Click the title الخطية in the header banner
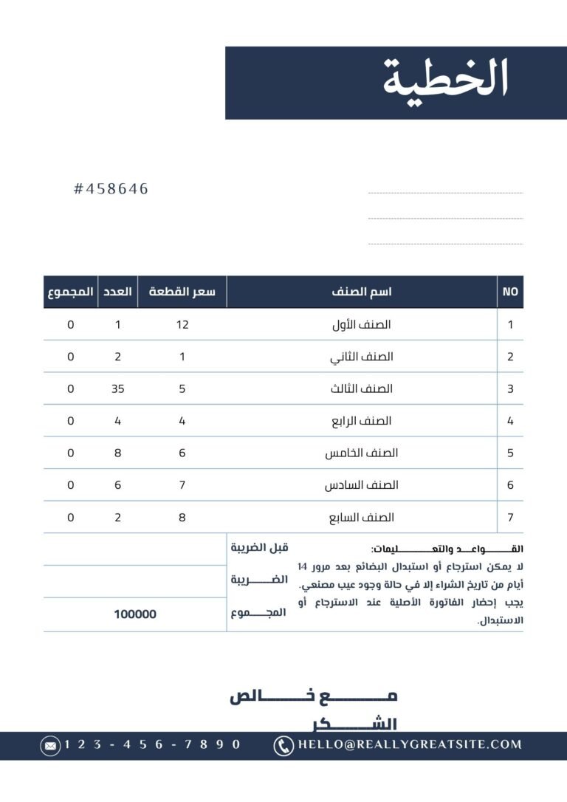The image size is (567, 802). pos(446,80)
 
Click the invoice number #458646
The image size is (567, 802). pos(111,189)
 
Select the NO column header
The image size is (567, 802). pos(510,292)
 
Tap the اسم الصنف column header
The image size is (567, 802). pos(362,292)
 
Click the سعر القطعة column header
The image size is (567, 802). pos(182,292)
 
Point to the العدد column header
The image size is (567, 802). pos(118,292)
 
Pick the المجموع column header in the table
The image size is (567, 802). pos(71,292)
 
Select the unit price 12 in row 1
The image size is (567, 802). pos(182,324)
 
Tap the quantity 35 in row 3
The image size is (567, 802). pos(118,388)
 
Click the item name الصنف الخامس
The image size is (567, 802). pos(362,453)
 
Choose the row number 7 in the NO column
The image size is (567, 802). pos(510,518)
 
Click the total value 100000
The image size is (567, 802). pos(135,614)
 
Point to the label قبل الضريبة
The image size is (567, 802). pos(259,548)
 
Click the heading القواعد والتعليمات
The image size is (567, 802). pos(447,549)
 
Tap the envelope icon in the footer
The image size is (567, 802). pos(50,746)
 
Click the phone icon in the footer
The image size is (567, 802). pos(283,746)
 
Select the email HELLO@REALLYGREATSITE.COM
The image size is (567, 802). pos(410,745)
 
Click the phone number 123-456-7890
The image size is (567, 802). pos(153,745)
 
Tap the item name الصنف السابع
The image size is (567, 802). pos(362,518)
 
